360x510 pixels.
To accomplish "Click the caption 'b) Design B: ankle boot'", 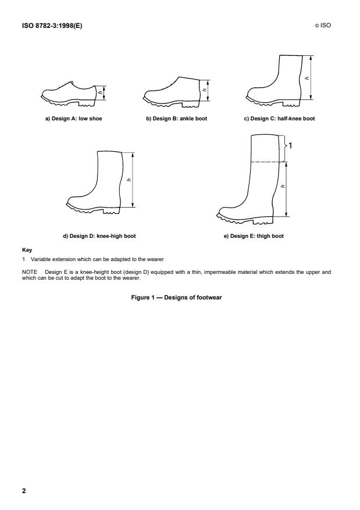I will (176, 118).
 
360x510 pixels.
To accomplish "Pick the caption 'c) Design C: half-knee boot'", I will (279, 118).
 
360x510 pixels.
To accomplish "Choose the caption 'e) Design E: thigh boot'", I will (254, 236).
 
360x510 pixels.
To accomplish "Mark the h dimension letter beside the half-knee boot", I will (307, 78).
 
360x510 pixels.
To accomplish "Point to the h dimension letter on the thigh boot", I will (283, 187).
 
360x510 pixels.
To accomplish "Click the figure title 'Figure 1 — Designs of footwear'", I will (180, 297).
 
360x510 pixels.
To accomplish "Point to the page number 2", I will (24, 491).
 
